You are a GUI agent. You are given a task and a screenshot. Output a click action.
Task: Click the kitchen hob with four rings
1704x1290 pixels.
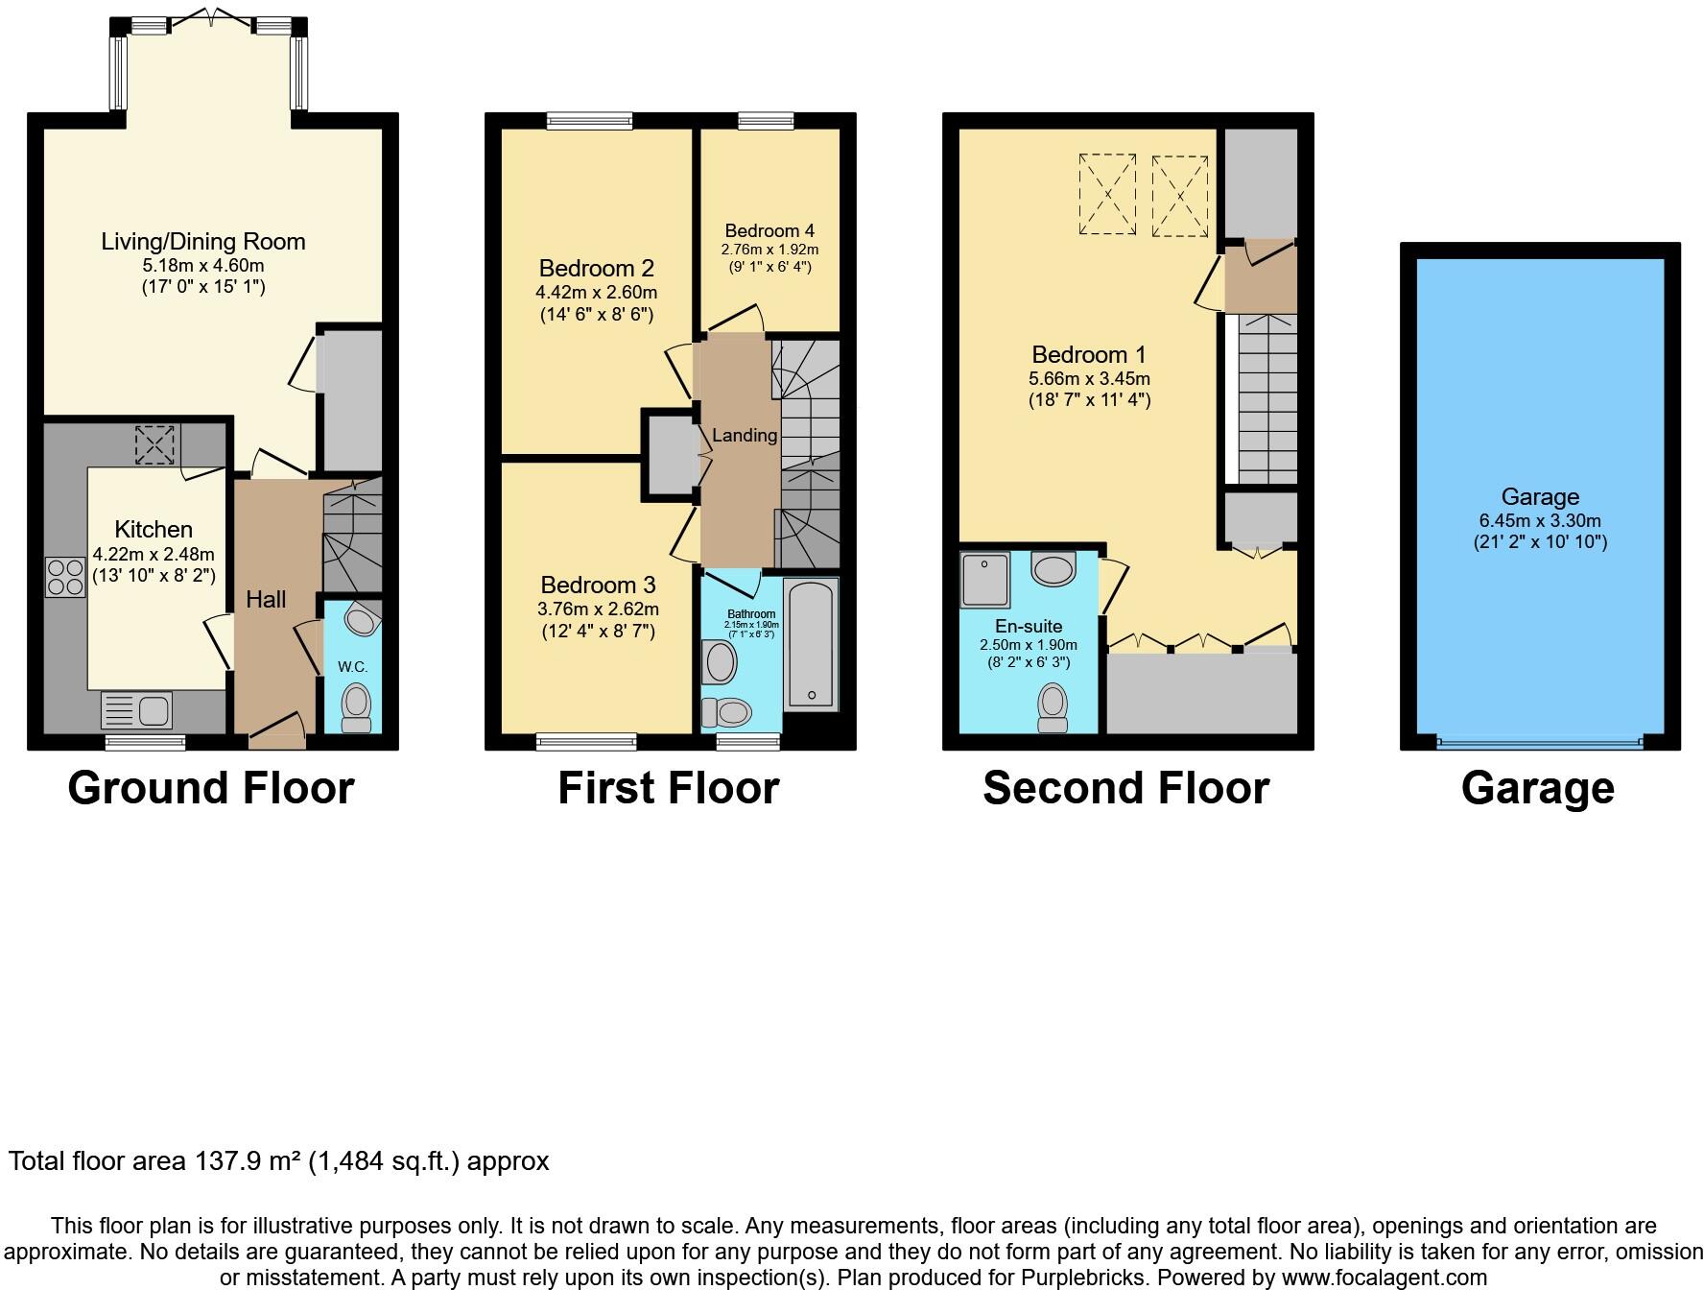pyautogui.click(x=65, y=577)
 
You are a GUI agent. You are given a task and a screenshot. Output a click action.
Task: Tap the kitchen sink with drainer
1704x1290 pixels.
pyautogui.click(x=137, y=711)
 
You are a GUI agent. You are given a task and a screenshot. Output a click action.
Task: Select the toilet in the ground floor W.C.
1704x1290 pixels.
pyautogui.click(x=356, y=707)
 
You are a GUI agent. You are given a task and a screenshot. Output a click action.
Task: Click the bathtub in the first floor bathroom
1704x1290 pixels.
pyautogui.click(x=812, y=643)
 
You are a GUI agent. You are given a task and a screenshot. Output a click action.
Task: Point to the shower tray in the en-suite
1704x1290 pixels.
pyautogui.click(x=984, y=579)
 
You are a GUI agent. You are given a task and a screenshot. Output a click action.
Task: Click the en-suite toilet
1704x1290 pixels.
pyautogui.click(x=1053, y=707)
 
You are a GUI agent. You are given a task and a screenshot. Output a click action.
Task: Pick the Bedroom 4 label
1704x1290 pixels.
pyautogui.click(x=769, y=230)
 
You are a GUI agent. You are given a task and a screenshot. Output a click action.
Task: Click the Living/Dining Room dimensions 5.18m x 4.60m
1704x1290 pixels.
pyautogui.click(x=202, y=265)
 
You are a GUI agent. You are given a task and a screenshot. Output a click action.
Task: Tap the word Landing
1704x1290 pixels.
pyautogui.click(x=745, y=435)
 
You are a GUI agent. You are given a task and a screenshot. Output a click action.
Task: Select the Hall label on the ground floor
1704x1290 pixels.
pyautogui.click(x=266, y=600)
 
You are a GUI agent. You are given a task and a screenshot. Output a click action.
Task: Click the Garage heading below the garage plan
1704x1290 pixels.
pyautogui.click(x=1537, y=789)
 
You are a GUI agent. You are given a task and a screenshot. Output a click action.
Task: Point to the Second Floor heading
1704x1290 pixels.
pyautogui.click(x=1125, y=789)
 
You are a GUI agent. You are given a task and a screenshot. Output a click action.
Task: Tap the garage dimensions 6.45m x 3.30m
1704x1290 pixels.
pyautogui.click(x=1540, y=520)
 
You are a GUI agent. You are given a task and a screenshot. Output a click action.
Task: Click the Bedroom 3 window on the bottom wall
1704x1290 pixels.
pyautogui.click(x=586, y=741)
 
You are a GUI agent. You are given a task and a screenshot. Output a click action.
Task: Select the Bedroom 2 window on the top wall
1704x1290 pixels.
pyautogui.click(x=589, y=121)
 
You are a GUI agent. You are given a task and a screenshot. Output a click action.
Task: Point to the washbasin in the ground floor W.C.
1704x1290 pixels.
pyautogui.click(x=361, y=620)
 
